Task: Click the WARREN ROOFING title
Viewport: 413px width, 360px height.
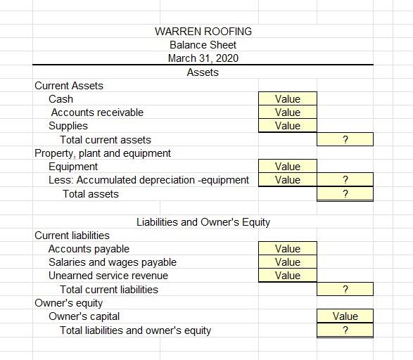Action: [203, 32]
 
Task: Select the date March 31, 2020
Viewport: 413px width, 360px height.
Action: [203, 58]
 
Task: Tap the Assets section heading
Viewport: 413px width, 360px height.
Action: [203, 72]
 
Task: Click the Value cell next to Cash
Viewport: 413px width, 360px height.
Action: [287, 99]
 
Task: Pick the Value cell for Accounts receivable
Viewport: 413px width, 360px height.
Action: [287, 112]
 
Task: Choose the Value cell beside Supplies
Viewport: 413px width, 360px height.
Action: [287, 126]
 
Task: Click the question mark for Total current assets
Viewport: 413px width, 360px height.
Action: [345, 140]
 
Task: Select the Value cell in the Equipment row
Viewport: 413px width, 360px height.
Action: [287, 167]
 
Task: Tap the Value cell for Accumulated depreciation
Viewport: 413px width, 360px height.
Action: [287, 180]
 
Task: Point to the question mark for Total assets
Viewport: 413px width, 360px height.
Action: [345, 194]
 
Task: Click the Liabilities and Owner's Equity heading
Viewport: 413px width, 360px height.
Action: [203, 222]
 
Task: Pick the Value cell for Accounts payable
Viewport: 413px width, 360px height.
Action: [287, 249]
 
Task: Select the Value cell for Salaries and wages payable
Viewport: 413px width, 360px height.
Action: [287, 262]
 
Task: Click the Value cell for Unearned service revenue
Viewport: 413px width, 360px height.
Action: [287, 276]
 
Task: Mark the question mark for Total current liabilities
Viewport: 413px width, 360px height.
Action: [345, 290]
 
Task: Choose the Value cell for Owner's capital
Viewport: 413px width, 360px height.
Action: [345, 316]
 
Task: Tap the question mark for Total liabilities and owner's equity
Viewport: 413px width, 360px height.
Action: [345, 330]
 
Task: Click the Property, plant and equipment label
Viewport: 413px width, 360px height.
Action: [103, 153]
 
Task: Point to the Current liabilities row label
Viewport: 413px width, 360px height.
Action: [72, 236]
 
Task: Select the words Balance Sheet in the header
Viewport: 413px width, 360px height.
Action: [203, 45]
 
